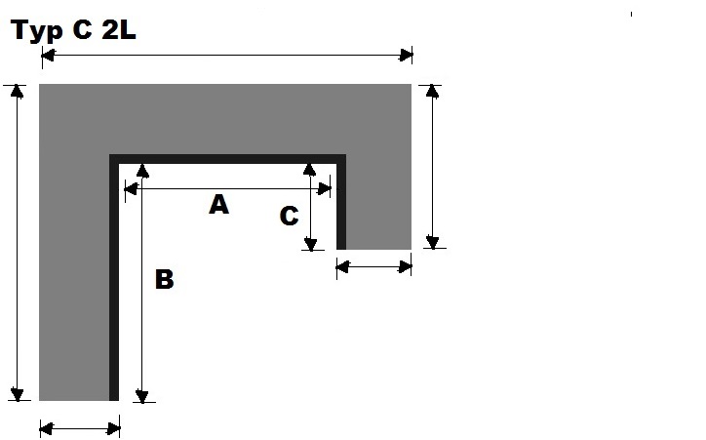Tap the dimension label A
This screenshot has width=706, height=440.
(x=219, y=205)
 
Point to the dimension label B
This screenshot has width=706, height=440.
(x=165, y=280)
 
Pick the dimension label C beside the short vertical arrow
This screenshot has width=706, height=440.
(x=289, y=217)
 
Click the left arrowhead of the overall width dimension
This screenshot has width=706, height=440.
(x=46, y=57)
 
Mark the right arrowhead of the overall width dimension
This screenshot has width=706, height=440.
(x=407, y=57)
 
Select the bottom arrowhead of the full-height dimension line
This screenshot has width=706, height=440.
(x=17, y=394)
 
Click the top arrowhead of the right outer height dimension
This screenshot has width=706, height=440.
(x=433, y=91)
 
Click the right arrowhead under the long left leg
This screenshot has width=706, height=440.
(x=114, y=427)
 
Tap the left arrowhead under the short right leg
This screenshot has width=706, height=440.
(x=342, y=265)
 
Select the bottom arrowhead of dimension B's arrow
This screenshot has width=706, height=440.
(x=143, y=395)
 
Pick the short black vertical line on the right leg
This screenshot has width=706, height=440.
(x=341, y=205)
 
